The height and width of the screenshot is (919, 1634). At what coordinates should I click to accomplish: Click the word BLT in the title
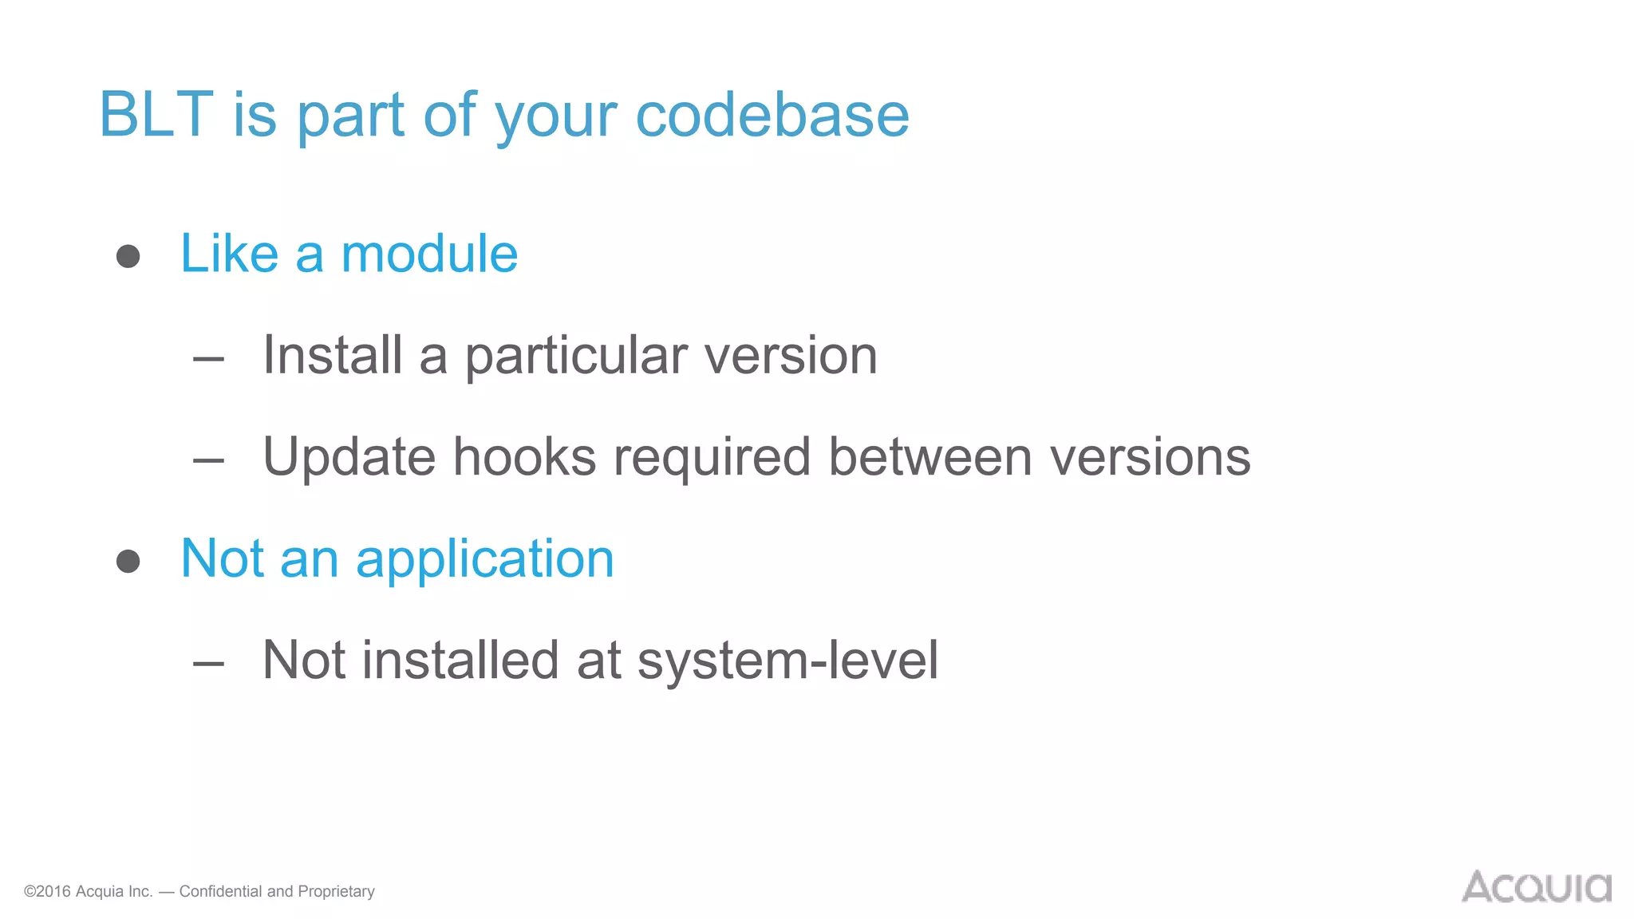coord(156,114)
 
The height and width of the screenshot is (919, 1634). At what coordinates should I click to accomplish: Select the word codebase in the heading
coord(772,114)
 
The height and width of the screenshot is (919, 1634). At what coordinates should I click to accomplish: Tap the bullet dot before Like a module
coord(128,256)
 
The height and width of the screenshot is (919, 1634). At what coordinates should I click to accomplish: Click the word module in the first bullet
coord(429,254)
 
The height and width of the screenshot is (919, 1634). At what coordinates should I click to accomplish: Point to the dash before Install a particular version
coord(208,359)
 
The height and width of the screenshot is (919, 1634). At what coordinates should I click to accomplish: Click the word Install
coord(332,355)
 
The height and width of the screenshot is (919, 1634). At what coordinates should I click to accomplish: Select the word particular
coord(576,357)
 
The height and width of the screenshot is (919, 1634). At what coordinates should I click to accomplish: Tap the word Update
coord(349,457)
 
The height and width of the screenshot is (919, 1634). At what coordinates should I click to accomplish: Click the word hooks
coord(524,456)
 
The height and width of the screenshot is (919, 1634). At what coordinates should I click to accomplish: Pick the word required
coord(712,458)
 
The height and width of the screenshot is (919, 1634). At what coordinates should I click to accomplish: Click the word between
coord(930,456)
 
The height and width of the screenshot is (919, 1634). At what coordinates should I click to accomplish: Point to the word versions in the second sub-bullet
coord(1150,458)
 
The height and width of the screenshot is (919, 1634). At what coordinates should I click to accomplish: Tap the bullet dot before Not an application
coord(128,561)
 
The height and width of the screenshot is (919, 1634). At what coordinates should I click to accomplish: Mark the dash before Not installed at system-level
coord(208,663)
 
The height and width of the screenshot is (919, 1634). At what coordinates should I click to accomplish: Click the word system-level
coord(787,661)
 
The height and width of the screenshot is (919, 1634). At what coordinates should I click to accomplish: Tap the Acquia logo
coord(1536,887)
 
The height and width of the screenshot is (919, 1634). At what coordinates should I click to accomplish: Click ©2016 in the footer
coord(47,891)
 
